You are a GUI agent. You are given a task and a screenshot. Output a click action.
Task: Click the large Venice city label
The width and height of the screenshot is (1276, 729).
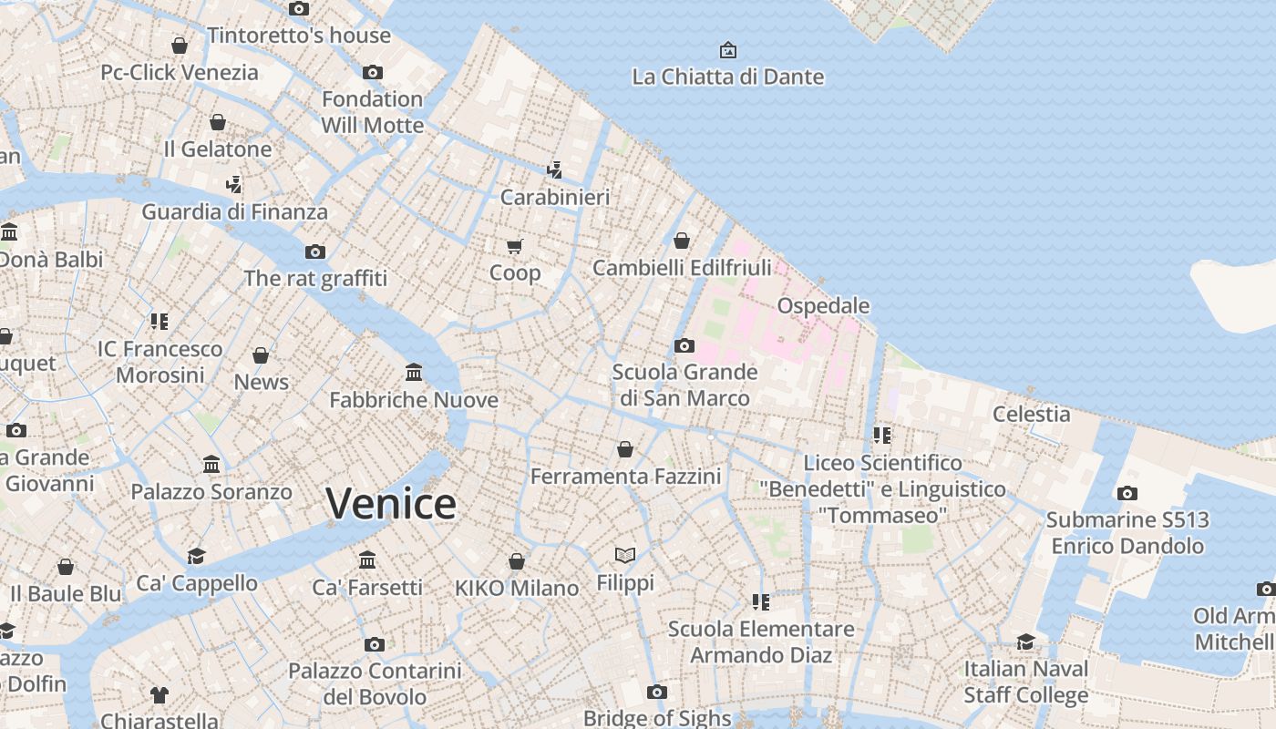tap(391, 504)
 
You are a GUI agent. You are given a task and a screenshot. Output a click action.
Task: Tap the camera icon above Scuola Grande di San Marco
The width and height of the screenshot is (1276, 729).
tap(684, 345)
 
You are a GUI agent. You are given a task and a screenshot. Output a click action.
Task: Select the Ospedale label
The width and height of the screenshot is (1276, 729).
tap(823, 305)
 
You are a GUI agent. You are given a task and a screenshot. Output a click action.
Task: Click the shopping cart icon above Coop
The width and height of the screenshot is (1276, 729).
tap(515, 246)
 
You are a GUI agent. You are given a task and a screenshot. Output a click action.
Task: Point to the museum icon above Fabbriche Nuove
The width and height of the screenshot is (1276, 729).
tap(414, 373)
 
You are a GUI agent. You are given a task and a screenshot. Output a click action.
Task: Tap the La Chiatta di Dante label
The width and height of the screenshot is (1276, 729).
tap(727, 77)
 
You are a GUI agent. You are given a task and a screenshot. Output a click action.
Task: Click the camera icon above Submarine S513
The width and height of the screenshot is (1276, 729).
tap(1127, 493)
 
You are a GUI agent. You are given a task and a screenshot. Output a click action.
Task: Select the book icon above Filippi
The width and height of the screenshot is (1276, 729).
tap(624, 555)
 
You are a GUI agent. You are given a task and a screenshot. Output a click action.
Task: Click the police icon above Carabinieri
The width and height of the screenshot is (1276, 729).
tap(554, 169)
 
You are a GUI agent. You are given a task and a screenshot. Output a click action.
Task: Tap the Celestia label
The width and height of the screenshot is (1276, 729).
tap(1031, 414)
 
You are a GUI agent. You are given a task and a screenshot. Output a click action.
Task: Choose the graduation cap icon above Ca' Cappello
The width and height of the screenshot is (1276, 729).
tap(196, 556)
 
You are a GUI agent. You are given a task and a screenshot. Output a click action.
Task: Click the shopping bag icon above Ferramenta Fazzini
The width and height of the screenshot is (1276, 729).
tap(625, 449)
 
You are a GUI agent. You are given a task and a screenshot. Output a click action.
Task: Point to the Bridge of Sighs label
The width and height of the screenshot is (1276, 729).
tap(656, 718)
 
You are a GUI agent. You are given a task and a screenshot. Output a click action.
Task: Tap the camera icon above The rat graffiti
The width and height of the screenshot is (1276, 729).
tap(315, 252)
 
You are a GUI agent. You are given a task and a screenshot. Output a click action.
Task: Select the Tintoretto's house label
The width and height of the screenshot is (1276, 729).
tap(299, 36)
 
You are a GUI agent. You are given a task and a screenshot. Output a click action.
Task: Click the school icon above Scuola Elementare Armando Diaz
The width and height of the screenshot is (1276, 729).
tap(761, 601)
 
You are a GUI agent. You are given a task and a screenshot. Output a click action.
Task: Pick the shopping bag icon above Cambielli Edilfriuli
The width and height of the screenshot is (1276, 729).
tap(681, 241)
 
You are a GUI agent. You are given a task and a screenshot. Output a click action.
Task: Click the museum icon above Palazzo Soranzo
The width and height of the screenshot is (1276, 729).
tap(211, 465)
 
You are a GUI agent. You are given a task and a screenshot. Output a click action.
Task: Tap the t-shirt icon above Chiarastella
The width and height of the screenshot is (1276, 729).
tap(159, 694)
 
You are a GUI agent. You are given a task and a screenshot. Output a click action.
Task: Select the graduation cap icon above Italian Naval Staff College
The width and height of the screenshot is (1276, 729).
tap(1026, 642)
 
